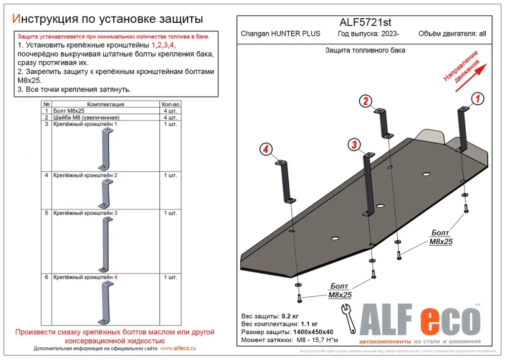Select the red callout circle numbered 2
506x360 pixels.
click(x=366, y=101)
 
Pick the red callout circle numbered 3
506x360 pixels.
click(x=354, y=145)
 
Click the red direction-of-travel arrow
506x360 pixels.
click(x=471, y=77)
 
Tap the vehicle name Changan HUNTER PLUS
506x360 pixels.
click(x=280, y=34)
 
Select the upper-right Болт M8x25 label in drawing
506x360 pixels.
click(x=441, y=237)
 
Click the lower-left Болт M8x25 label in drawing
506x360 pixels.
click(x=340, y=291)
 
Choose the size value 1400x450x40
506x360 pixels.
click(x=311, y=332)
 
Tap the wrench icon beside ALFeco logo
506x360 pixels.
click(x=349, y=318)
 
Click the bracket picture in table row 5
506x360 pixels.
click(x=105, y=243)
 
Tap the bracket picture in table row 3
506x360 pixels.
click(x=105, y=149)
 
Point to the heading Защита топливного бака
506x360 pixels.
click(x=365, y=51)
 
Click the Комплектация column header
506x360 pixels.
click(x=106, y=104)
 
